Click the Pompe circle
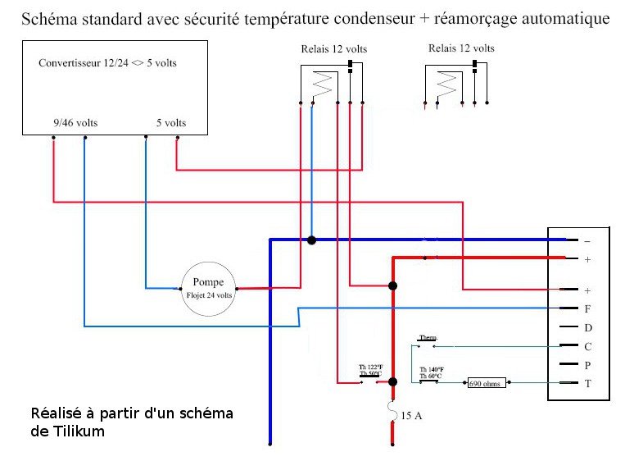208,289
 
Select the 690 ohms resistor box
487,383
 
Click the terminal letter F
587,309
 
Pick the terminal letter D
587,327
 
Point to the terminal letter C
587,346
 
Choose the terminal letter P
587,364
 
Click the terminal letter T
587,383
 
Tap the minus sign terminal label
587,241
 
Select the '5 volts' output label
171,123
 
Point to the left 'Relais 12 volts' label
334,49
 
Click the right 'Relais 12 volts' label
461,48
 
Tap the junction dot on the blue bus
312,240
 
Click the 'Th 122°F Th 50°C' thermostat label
370,370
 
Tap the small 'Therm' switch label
427,337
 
